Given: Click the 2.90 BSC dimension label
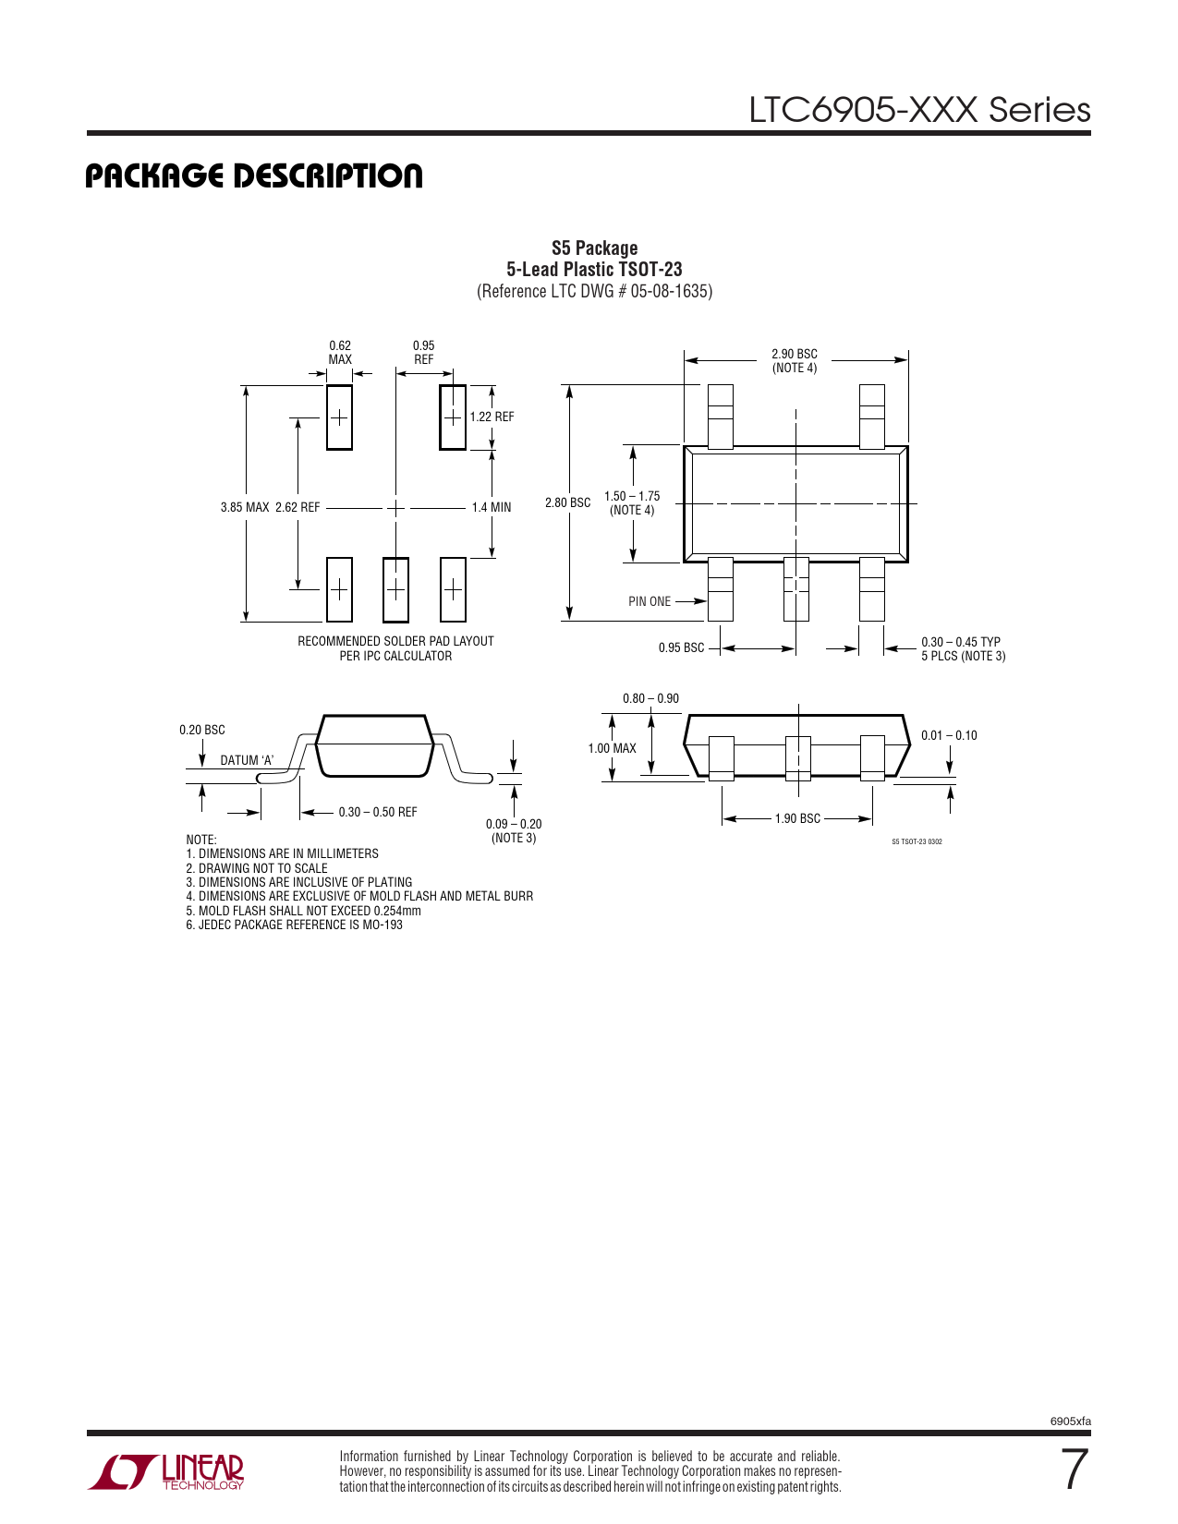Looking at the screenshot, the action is pos(795,354).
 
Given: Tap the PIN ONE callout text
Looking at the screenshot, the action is pos(649,601).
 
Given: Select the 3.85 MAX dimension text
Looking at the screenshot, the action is pos(245,507).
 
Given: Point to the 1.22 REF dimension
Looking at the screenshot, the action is pos(492,417).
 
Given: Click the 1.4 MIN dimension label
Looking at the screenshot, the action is pos(492,507).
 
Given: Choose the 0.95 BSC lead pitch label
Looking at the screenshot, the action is pos(681,647).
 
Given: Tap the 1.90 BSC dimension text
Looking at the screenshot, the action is pos(797,818).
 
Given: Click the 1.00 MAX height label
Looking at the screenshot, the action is pos(612,748).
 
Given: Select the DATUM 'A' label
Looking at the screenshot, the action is pos(247,760).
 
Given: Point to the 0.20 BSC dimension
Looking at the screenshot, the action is pos(202,730).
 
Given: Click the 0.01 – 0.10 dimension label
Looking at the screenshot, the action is pos(949,735).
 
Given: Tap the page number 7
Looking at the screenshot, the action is pos(1075,1470).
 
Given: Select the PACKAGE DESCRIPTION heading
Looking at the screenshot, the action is pos(254,175).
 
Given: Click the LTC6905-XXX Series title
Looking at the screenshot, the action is pos(920,110).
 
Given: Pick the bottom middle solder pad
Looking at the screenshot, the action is pos(395,589).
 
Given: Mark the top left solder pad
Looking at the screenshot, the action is pos(340,417).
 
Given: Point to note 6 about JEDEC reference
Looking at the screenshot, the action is pos(294,925).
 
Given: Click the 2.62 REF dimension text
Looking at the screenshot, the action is pos(298,507).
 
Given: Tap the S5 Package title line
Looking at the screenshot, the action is pos(594,248).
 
